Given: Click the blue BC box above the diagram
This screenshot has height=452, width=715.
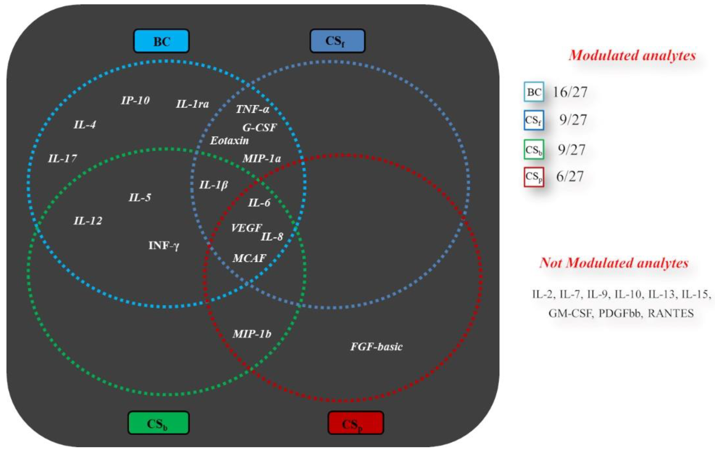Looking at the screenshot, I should [161, 41].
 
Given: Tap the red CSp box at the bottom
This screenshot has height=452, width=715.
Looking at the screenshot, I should [355, 422].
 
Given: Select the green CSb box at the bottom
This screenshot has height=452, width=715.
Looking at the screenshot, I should [158, 422].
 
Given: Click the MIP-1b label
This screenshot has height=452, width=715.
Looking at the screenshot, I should [252, 334].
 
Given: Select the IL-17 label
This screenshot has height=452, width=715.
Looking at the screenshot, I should [62, 158].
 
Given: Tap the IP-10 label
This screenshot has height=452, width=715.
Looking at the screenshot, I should [135, 101].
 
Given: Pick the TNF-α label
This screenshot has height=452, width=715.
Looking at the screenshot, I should [252, 109].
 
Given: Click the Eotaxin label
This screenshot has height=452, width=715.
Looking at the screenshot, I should [229, 141].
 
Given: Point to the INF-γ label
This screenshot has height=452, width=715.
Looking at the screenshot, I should [164, 245].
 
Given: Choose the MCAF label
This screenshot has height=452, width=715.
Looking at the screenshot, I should [249, 258].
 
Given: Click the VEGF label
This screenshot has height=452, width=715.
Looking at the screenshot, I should [246, 228].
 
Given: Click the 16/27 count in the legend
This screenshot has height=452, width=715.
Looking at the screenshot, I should [570, 92].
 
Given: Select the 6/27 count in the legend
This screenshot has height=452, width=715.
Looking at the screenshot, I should [570, 176].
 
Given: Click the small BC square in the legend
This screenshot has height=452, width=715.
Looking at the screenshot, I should [534, 92].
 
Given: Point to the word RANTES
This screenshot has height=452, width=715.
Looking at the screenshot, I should [670, 314].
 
